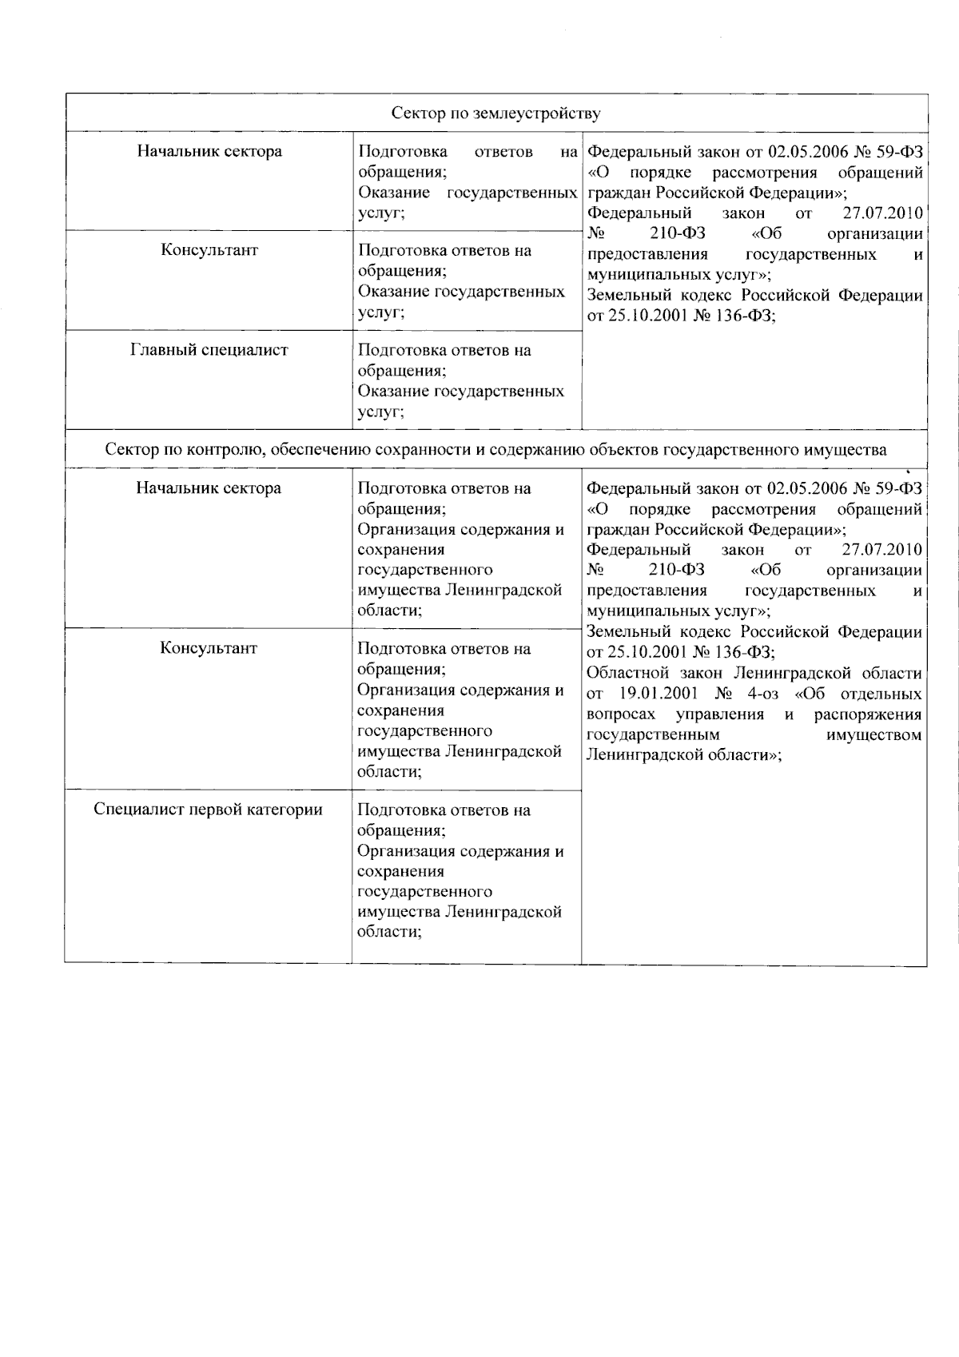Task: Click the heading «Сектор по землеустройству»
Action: coord(495,113)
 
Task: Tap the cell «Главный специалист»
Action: coord(209,350)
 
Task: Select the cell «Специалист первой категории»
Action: coord(208,810)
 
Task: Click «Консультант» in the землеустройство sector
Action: coord(209,250)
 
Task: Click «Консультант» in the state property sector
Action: coord(209,648)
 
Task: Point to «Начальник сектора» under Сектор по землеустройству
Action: coord(209,151)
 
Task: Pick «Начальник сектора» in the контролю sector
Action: coord(209,488)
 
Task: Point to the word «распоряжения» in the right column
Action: coord(867,714)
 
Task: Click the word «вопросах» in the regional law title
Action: coord(621,714)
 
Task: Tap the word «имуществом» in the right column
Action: coord(873,734)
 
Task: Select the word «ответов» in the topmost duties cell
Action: coord(503,152)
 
